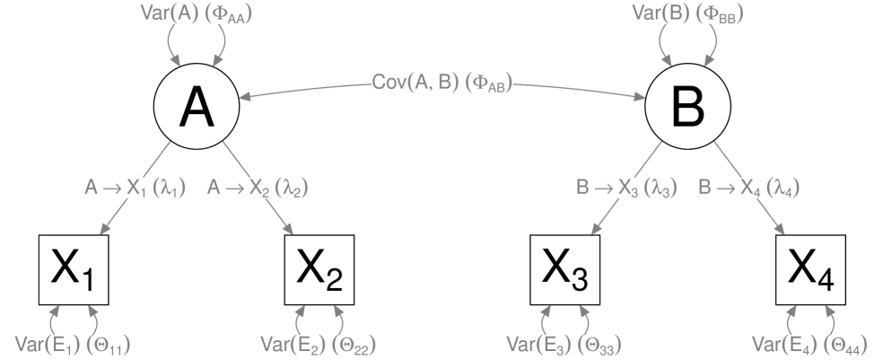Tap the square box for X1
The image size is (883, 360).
click(x=74, y=269)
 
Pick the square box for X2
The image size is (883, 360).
click(x=319, y=269)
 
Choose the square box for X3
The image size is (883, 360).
click(x=564, y=269)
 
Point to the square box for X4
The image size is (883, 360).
click(x=810, y=269)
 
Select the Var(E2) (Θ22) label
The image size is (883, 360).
click(x=319, y=345)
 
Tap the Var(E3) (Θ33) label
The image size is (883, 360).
click(x=564, y=345)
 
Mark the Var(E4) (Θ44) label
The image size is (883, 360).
click(x=810, y=345)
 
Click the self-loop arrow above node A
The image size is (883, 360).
click(x=197, y=40)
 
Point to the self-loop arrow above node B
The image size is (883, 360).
click(x=687, y=40)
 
